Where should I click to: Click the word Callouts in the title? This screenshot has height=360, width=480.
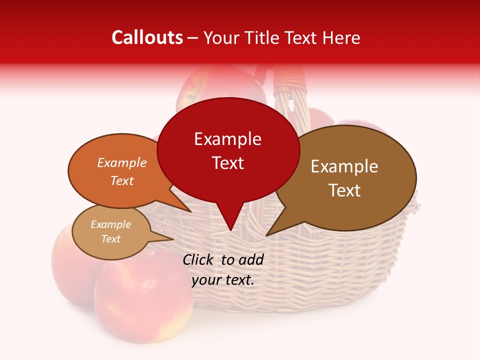pyautogui.click(x=147, y=38)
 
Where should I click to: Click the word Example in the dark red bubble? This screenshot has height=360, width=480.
pyautogui.click(x=227, y=139)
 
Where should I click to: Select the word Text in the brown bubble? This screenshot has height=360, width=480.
pyautogui.click(x=344, y=190)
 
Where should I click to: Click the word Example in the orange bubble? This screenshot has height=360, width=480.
pyautogui.click(x=121, y=162)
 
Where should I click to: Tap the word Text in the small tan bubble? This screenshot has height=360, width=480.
pyautogui.click(x=110, y=239)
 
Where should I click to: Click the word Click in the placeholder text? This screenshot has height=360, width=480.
pyautogui.click(x=198, y=259)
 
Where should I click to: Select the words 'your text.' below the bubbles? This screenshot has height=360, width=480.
pyautogui.click(x=223, y=280)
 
